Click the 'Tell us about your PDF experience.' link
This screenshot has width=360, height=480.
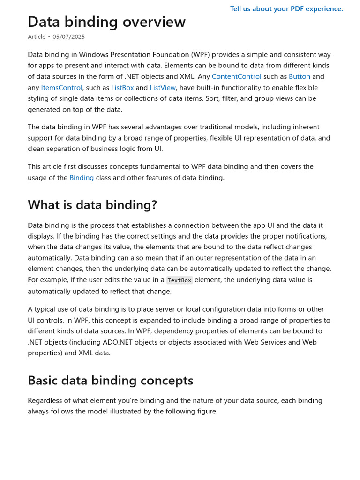[x=286, y=9]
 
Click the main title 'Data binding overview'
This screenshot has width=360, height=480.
[x=106, y=22]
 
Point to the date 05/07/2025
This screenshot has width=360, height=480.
[x=68, y=37]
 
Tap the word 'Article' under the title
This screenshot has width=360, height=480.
[x=37, y=37]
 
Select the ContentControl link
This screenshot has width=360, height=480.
[x=236, y=76]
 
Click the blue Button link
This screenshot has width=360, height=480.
[x=299, y=76]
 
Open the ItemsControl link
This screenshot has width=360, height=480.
[x=61, y=88]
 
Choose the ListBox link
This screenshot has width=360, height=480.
[x=122, y=88]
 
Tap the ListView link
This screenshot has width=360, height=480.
[x=163, y=88]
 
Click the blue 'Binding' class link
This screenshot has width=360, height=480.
[x=82, y=178]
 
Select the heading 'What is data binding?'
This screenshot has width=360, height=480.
[x=92, y=205]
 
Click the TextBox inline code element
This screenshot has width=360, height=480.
[x=180, y=280]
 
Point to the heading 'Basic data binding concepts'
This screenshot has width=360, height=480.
[x=110, y=380]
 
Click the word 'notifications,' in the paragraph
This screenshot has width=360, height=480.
[x=305, y=236]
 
